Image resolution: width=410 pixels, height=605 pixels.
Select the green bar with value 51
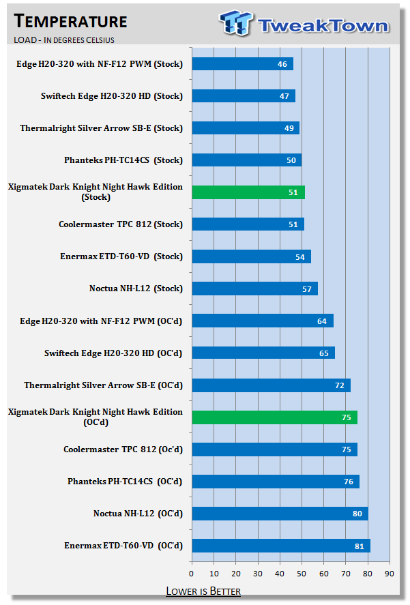[248, 192]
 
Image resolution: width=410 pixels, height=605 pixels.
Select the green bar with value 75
[274, 417]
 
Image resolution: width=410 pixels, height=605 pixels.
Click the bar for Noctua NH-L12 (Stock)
[254, 289]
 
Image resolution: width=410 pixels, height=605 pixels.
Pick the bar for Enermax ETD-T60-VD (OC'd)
[280, 546]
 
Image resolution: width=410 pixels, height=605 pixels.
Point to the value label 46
[282, 64]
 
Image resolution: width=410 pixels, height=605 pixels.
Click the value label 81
[359, 546]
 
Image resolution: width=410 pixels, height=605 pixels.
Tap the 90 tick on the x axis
[390, 572]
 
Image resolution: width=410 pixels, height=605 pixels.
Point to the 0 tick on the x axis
[192, 572]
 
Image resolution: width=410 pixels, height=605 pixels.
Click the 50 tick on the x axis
[302, 572]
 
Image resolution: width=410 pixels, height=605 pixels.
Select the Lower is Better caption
[203, 591]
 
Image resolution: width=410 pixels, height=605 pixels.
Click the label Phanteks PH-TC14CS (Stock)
[123, 160]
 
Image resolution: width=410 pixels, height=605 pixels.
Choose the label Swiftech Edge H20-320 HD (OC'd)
[113, 353]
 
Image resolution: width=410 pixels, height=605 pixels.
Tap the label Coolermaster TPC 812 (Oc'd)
[123, 449]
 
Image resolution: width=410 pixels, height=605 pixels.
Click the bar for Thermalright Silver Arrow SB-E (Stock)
[246, 128]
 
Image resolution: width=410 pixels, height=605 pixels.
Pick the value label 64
[321, 321]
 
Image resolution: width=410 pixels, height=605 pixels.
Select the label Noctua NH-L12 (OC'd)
[138, 514]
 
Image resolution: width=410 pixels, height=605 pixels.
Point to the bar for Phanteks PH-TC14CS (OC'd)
[275, 482]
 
